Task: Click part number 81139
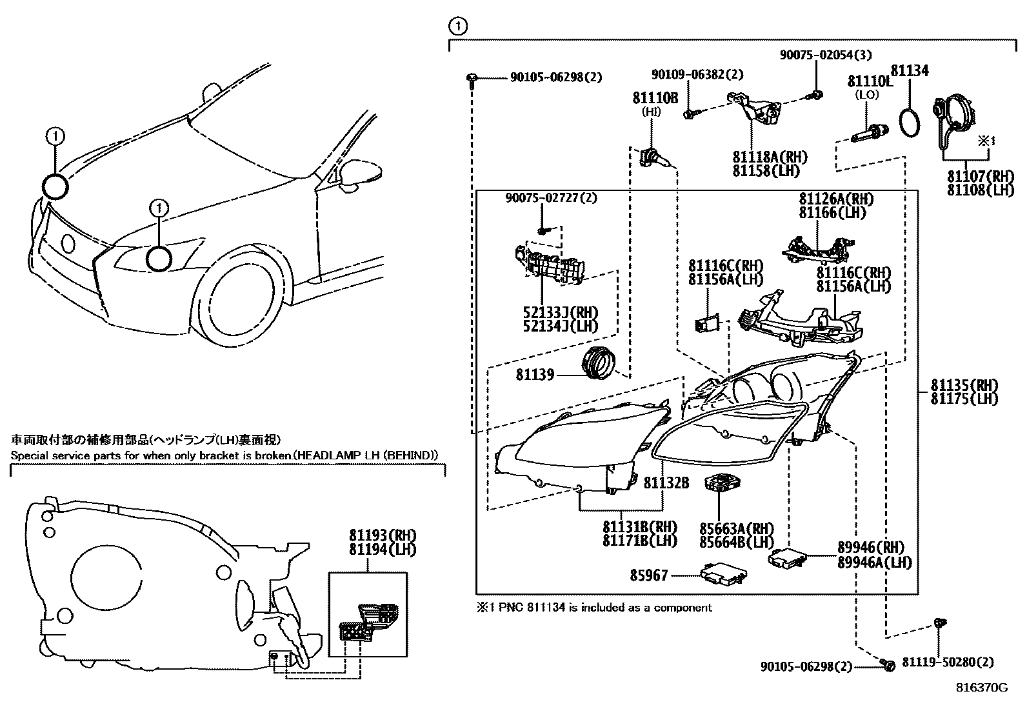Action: click(534, 374)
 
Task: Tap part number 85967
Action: click(649, 574)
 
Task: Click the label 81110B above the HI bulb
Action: click(655, 98)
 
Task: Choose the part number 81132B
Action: click(666, 482)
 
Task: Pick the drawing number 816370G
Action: click(981, 688)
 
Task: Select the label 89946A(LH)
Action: click(874, 563)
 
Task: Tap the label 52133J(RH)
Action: click(560, 312)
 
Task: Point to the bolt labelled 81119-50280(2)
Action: click(939, 624)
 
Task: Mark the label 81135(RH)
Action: click(963, 385)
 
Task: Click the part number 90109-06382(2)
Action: click(697, 75)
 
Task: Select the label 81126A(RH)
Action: click(835, 199)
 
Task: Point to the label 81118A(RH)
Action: click(770, 157)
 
